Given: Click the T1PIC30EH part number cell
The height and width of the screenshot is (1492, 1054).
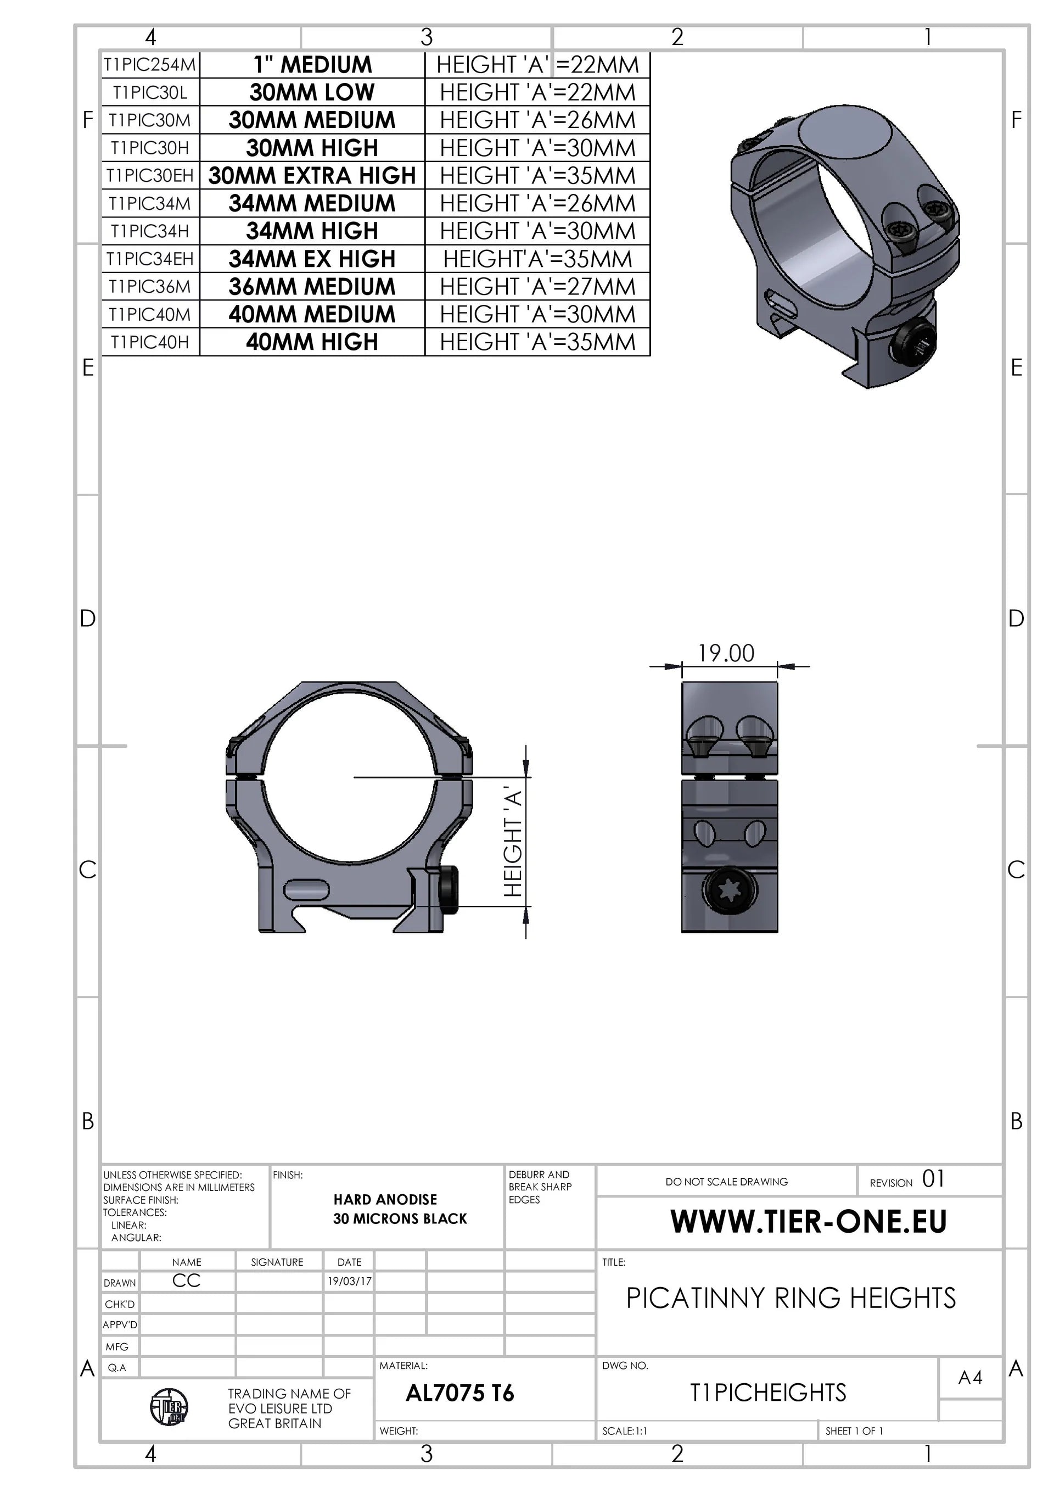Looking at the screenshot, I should point(150,175).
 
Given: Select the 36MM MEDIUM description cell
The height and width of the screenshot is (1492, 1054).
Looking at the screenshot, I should point(312,287).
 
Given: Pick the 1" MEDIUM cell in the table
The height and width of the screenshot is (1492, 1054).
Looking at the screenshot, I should point(312,64).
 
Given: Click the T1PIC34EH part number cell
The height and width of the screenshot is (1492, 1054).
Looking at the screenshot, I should point(150,259).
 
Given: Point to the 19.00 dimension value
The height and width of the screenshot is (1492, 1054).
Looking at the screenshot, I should point(726,653).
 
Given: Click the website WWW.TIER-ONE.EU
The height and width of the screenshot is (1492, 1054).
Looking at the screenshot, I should point(808,1222).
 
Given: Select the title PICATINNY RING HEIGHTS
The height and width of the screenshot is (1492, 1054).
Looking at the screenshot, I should point(790,1298).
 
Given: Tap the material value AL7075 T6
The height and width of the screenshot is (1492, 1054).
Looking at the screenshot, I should point(460,1393).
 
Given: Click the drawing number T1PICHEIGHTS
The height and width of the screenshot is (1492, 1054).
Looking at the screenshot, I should point(767,1393).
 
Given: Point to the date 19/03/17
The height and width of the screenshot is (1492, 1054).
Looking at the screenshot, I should point(349,1282).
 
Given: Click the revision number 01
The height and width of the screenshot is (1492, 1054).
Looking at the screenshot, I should point(933,1179).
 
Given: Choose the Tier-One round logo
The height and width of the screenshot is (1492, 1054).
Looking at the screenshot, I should point(169,1407).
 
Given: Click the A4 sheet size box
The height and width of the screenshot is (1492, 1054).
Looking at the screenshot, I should point(970,1378).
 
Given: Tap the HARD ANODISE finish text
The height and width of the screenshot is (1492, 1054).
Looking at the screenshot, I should point(385,1200).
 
